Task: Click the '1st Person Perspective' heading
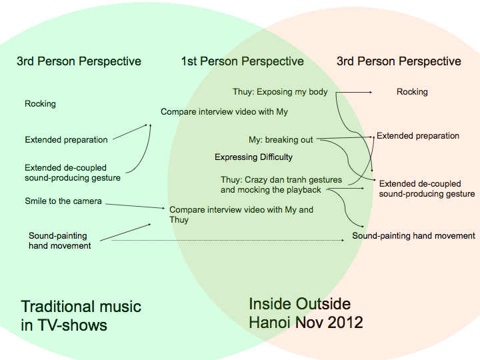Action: tap(242, 61)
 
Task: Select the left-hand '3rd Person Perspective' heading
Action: tap(79, 61)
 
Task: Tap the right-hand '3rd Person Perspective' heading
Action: tap(399, 61)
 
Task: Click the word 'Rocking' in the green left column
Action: tap(40, 104)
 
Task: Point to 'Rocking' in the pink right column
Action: tap(412, 92)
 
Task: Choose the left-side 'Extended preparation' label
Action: tap(66, 140)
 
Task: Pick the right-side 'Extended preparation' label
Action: tap(418, 136)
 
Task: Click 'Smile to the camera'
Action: tap(63, 201)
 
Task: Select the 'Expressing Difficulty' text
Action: tap(253, 157)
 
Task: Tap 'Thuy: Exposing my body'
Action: tap(280, 92)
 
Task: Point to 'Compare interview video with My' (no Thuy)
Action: tap(224, 112)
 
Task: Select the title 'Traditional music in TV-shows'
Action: tap(81, 315)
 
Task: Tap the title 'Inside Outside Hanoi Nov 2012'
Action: tap(306, 313)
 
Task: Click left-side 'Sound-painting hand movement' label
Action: tap(59, 241)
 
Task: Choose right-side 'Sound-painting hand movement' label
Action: tap(413, 236)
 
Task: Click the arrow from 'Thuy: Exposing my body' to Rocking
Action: tap(353, 92)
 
